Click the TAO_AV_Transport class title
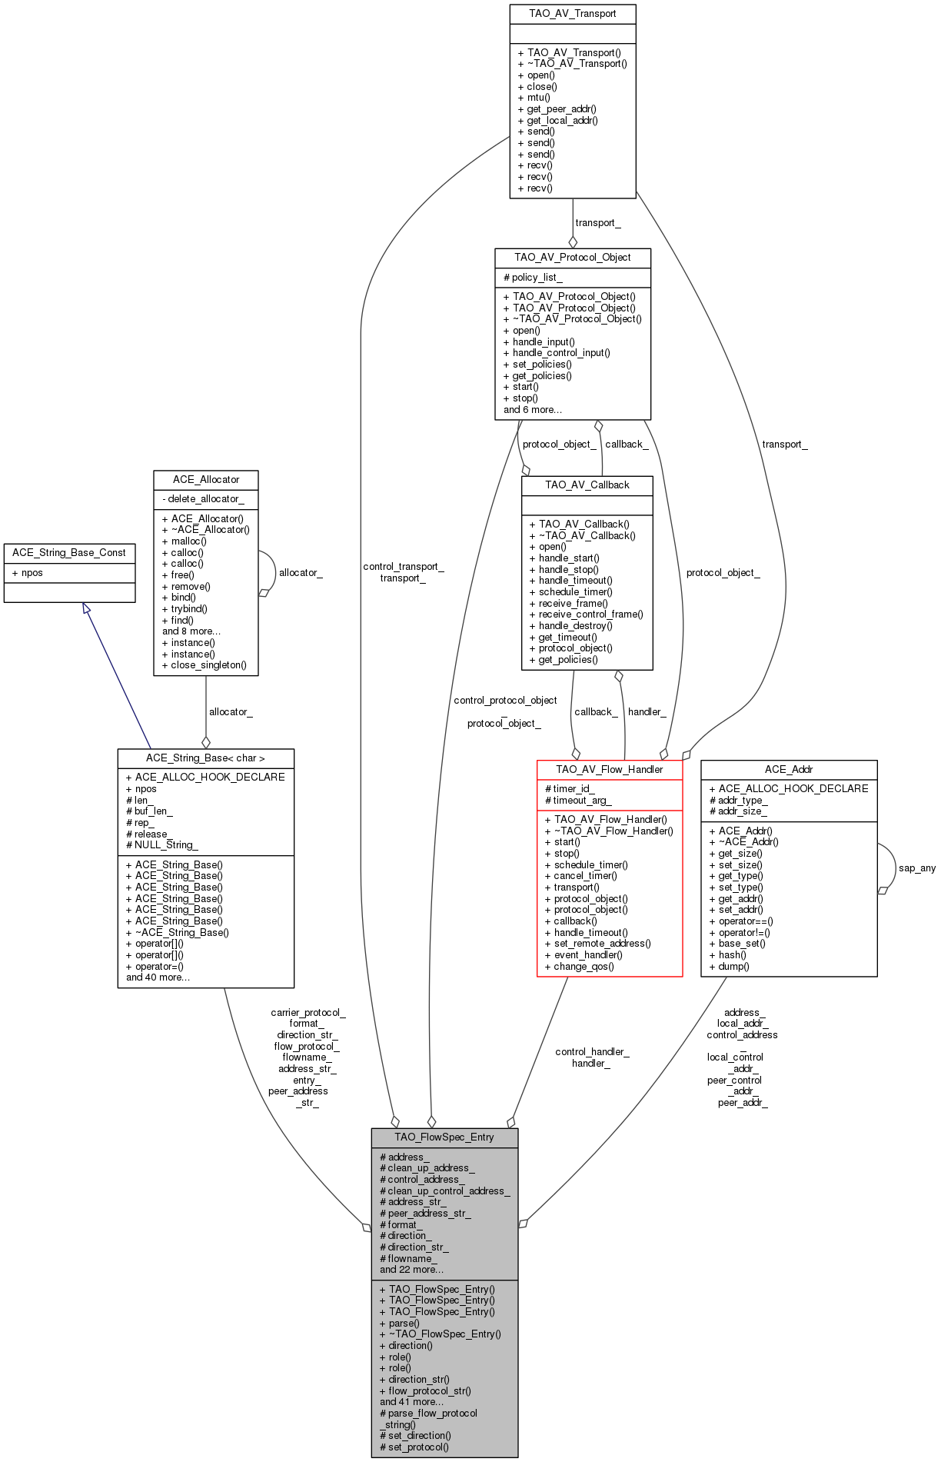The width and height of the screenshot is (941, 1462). [x=573, y=13]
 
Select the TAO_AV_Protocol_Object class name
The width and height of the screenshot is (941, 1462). [x=573, y=257]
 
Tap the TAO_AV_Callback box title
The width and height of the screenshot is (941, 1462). [x=587, y=485]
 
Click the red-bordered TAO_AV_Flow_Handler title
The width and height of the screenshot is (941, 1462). [x=610, y=769]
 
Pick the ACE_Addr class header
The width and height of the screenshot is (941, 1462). [x=789, y=769]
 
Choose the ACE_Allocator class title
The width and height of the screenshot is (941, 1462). [x=206, y=479]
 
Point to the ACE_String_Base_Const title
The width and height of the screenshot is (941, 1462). [x=69, y=552]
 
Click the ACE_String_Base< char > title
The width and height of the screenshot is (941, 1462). [x=205, y=758]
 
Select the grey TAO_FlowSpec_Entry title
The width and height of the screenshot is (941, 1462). [x=444, y=1137]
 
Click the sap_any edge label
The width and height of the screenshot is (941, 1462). [x=917, y=868]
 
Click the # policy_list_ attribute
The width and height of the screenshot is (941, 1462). [x=533, y=277]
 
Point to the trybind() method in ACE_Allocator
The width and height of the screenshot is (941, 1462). [x=185, y=609]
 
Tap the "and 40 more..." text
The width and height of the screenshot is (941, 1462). [x=158, y=977]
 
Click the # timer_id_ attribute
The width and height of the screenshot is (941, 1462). [x=570, y=789]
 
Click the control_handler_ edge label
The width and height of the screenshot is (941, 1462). [x=592, y=1052]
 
